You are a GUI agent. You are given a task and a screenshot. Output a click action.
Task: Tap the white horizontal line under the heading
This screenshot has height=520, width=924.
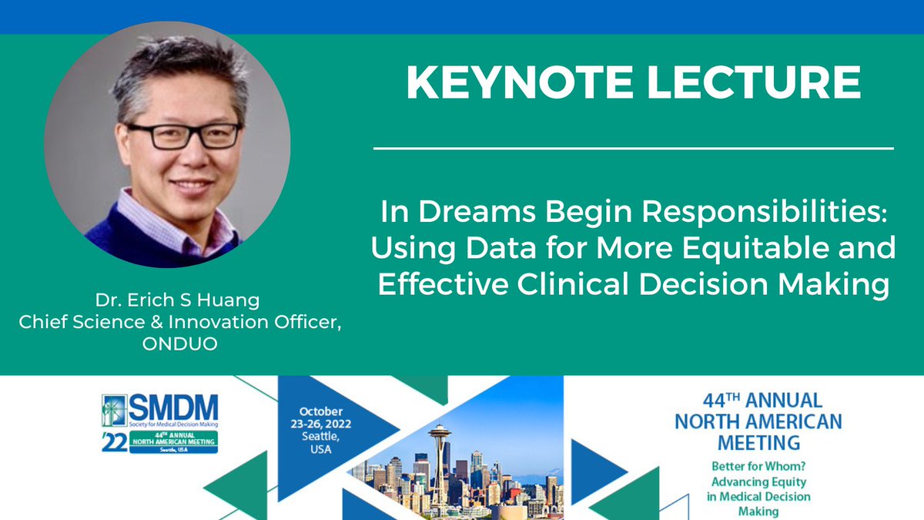pyautogui.click(x=633, y=147)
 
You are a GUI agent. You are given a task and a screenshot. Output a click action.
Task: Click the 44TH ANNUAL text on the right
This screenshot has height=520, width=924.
pyautogui.click(x=758, y=401)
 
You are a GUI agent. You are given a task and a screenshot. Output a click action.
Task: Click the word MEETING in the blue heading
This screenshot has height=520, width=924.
pyautogui.click(x=758, y=443)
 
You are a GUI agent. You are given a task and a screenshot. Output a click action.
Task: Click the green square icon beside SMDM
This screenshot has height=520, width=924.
pyautogui.click(x=112, y=409)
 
